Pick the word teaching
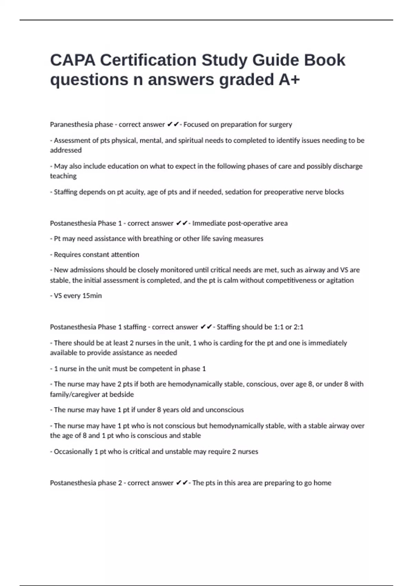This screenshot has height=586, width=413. click(x=63, y=176)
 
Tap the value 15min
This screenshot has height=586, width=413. click(x=92, y=296)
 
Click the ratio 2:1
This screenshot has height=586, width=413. click(x=298, y=327)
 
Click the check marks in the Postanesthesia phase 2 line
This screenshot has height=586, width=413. click(x=182, y=483)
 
